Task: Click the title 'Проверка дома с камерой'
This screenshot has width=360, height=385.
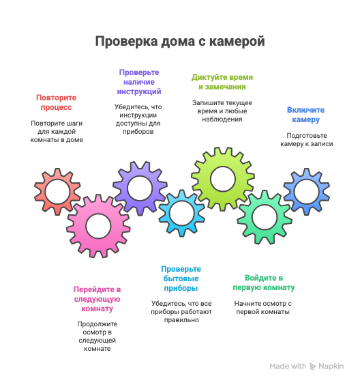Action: pos(180,41)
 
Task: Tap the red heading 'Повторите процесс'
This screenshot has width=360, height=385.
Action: pos(56,102)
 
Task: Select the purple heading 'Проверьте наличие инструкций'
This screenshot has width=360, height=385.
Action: pos(139,82)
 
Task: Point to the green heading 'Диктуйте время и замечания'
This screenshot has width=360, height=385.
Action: pos(222,82)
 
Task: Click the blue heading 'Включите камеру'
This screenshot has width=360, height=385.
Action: pos(306,115)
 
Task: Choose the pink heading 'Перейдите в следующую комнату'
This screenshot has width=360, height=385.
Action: pos(97,299)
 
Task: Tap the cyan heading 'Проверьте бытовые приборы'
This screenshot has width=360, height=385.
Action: pos(181,279)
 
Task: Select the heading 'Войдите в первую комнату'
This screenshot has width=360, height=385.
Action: pos(264,283)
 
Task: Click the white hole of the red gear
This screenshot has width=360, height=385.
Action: pos(58,192)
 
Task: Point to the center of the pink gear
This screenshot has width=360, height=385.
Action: pos(98,226)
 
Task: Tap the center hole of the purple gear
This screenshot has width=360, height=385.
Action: pos(140,188)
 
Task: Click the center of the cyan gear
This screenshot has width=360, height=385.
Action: pos(182,213)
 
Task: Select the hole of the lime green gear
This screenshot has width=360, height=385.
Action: pos(223,179)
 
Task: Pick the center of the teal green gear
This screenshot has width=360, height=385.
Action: pos(265,217)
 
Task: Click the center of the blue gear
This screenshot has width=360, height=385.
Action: pos(306,192)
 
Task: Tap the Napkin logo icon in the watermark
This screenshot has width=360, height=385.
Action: pos(312,366)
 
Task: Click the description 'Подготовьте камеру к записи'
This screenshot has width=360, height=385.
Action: pos(307,139)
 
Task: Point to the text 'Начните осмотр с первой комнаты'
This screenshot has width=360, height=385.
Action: pos(263,307)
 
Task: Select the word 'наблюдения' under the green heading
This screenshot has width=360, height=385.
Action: pos(222,119)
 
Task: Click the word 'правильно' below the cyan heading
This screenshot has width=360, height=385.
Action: pos(181,320)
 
